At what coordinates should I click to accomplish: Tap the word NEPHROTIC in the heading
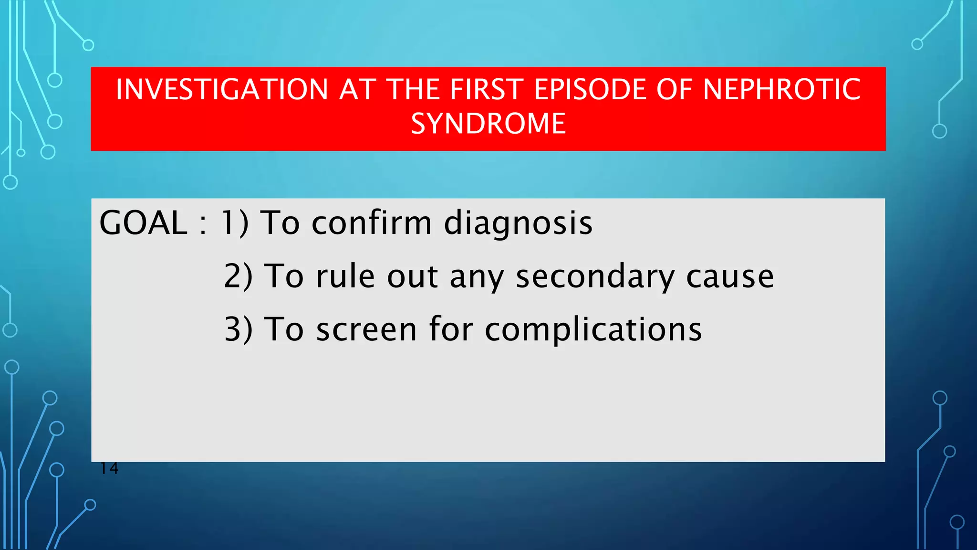(x=781, y=90)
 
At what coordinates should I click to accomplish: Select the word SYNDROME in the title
(x=488, y=124)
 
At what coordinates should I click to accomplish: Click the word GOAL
(x=143, y=223)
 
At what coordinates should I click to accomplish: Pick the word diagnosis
(x=518, y=223)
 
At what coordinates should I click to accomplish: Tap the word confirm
(x=372, y=223)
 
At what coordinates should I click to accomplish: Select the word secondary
(x=595, y=277)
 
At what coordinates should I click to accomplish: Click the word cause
(x=729, y=277)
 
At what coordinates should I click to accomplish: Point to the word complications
(x=593, y=330)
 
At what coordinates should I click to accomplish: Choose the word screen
(x=366, y=330)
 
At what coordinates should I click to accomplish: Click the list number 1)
(x=234, y=223)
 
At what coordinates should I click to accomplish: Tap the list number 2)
(x=238, y=277)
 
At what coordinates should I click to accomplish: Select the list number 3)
(x=238, y=330)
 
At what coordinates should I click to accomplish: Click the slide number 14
(x=109, y=468)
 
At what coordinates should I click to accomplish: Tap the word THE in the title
(x=411, y=90)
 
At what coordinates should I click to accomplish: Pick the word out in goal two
(x=412, y=277)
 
